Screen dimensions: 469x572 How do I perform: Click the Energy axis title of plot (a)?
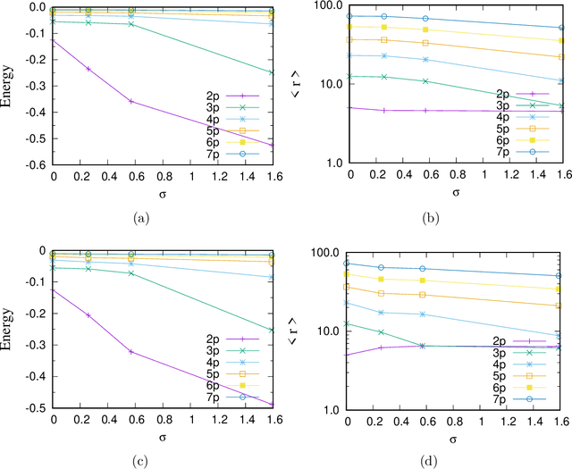point(8,85)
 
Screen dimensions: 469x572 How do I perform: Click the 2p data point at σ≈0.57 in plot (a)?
point(131,101)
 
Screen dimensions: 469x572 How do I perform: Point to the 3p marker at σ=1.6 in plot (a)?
point(272,72)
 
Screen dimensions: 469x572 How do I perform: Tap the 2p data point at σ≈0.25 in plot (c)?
point(88,315)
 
